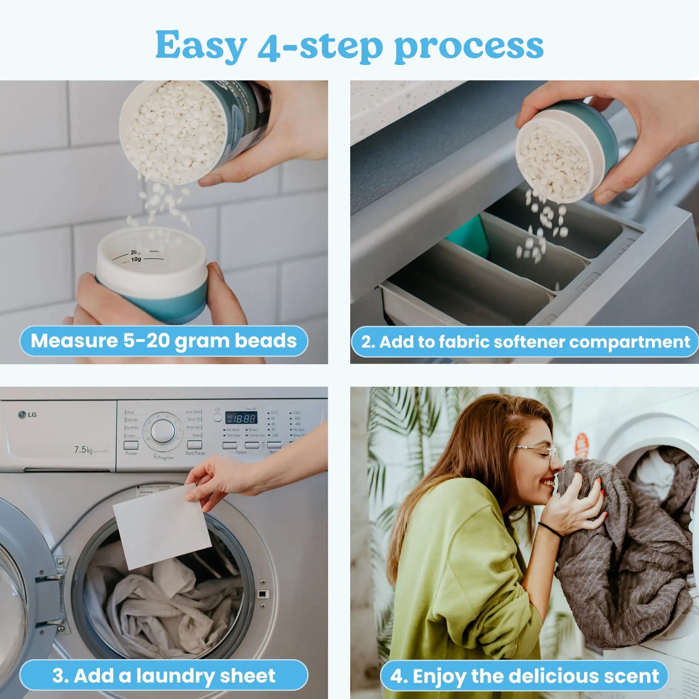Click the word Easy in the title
[x=201, y=45]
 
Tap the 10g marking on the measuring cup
[x=136, y=259]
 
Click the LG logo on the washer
[x=28, y=415]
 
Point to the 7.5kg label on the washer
[x=83, y=450]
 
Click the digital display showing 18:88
[x=241, y=418]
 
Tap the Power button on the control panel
[x=131, y=445]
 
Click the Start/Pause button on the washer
[x=195, y=445]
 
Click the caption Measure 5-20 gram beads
[x=163, y=341]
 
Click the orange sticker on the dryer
[x=581, y=444]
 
